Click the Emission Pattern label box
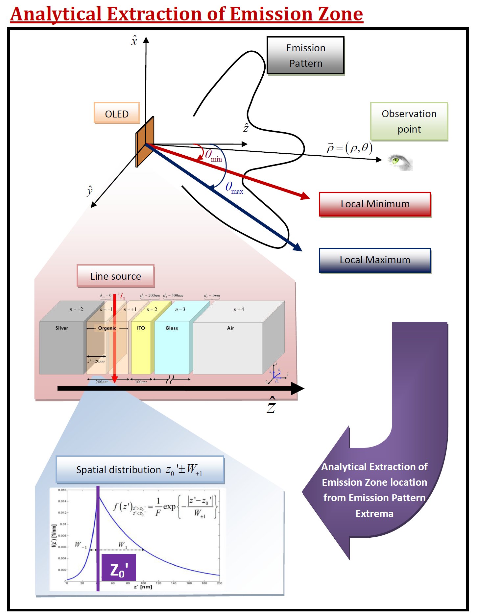click(305, 55)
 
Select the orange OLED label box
click(117, 114)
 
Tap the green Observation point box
click(409, 121)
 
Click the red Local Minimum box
click(375, 204)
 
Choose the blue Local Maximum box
click(375, 260)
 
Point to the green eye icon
click(399, 162)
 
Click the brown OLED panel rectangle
click(145, 141)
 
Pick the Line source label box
click(115, 276)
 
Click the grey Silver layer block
click(61, 347)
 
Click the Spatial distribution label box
click(140, 470)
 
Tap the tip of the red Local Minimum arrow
click(308, 198)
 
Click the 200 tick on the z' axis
click(220, 583)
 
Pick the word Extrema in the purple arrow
click(374, 513)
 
